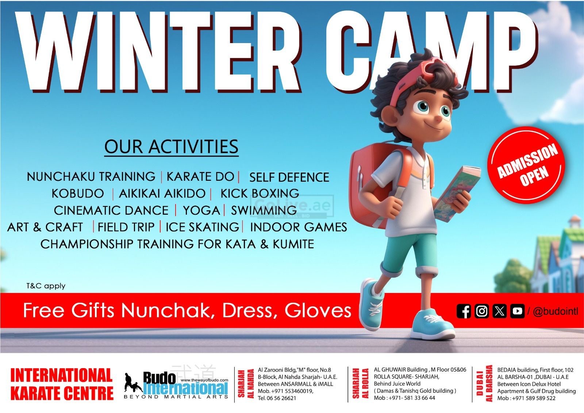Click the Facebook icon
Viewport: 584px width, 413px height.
pos(464,311)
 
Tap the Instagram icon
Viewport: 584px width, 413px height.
pos(481,311)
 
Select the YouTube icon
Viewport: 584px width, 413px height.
pos(517,311)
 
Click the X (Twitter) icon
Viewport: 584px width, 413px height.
pos(500,311)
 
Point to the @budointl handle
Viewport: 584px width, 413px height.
pos(556,311)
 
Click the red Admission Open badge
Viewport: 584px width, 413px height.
pos(526,165)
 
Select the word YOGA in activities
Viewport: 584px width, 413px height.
pos(201,211)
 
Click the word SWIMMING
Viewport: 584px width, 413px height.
pos(264,211)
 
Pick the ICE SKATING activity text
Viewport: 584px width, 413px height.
pos(202,227)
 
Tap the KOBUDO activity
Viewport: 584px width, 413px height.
pos(78,194)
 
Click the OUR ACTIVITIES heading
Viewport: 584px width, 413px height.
pos(171,147)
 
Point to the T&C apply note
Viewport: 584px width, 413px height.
pos(46,286)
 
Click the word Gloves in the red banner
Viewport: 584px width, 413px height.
pos(318,310)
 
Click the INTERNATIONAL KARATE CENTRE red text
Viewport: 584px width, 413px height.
pos(62,384)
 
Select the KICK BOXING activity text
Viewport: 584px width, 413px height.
pos(260,194)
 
